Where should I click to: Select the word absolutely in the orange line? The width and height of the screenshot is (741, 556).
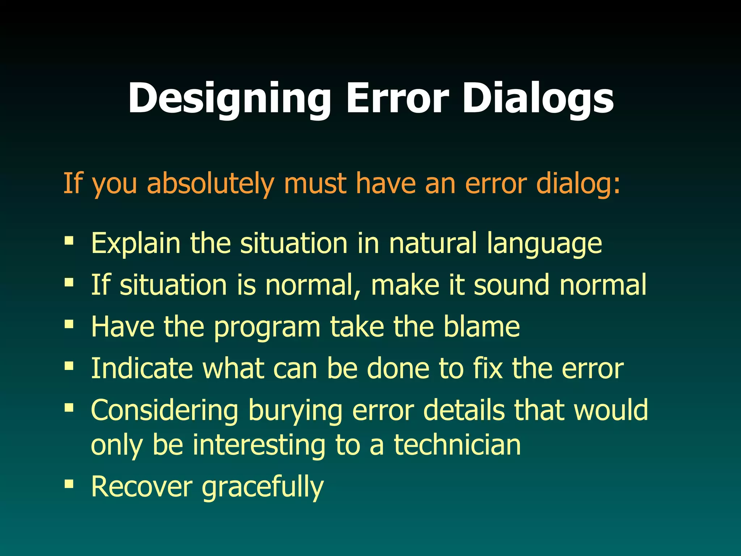coord(210,184)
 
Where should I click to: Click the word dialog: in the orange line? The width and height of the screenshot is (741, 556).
coord(578,184)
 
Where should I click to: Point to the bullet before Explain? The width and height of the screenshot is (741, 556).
coord(69,240)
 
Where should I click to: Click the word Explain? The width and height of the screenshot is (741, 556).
coord(135,243)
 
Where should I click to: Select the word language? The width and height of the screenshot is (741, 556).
coord(544,243)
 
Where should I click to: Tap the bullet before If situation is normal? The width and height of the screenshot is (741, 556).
coord(69,282)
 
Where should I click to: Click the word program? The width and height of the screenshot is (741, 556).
coord(267,327)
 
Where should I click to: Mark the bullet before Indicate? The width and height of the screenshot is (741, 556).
coord(69,366)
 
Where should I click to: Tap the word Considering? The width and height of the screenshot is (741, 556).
coord(164,410)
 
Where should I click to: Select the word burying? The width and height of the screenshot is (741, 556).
coord(295,410)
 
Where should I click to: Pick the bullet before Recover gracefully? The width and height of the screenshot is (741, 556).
coord(69,483)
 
